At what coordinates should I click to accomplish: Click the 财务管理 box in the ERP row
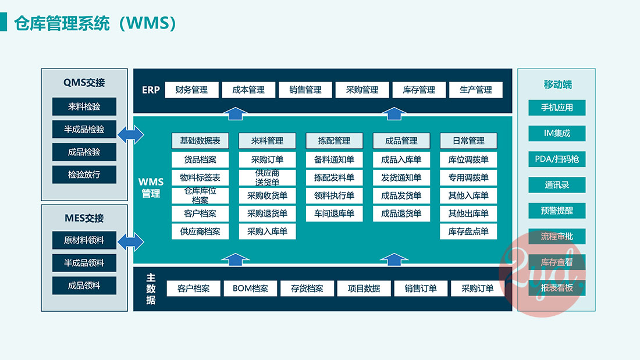pos(191,90)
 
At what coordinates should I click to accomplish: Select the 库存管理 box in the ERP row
pos(419,90)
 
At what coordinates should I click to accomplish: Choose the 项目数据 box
pos(364,288)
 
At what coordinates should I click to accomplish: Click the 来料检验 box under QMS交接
pos(84,106)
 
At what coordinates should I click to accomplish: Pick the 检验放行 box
pos(84,174)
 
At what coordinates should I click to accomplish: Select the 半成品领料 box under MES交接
pos(84,262)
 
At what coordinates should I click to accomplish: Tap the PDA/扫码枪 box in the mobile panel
pos(557,159)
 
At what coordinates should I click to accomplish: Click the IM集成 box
pos(557,133)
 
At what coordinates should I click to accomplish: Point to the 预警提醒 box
pos(557,211)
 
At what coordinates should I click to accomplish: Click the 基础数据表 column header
pos(200,141)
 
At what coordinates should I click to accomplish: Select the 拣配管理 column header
pos(334,141)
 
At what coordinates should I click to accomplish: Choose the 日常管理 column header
pos(468,141)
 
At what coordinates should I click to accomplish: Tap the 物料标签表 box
pos(200,177)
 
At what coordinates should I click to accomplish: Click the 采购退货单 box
pos(267,213)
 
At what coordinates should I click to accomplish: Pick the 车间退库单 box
pos(334,213)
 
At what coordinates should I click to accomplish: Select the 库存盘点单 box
pos(468,231)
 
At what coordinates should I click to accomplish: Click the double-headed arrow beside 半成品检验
pos(130,135)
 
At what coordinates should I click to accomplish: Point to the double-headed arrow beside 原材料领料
pos(130,240)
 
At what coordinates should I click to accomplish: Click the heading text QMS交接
pos(84,83)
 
